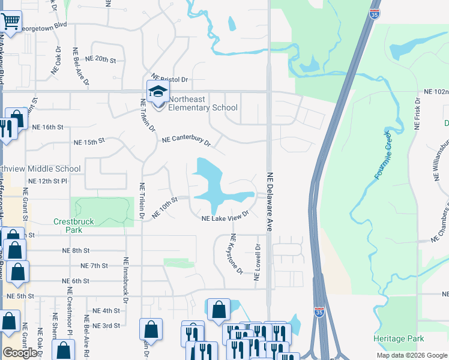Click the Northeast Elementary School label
(x=202, y=103)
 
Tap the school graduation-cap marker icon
(x=158, y=92)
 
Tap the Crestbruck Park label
(x=73, y=226)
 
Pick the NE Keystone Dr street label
(x=236, y=255)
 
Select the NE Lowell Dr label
(x=258, y=263)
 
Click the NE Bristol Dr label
(x=169, y=79)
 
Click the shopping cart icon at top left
(x=11, y=22)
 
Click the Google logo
(x=20, y=353)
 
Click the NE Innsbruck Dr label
(x=126, y=275)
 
